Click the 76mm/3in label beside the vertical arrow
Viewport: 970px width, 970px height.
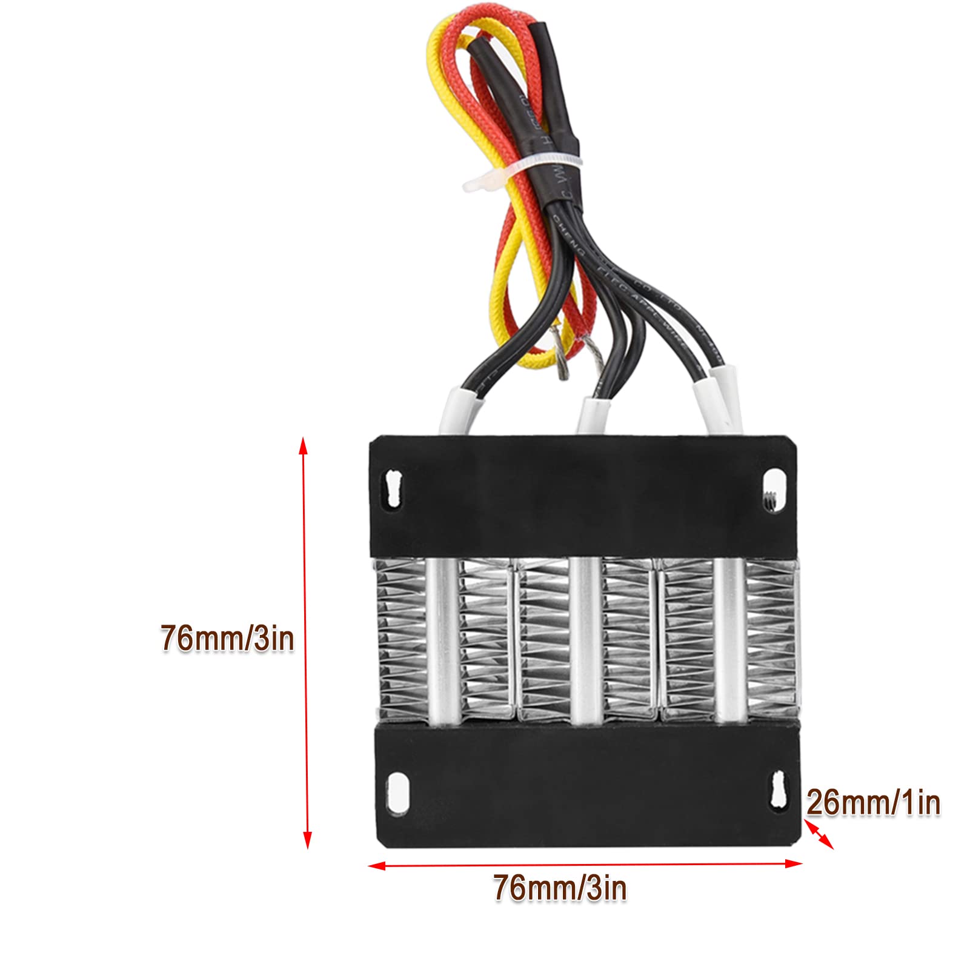pyautogui.click(x=227, y=639)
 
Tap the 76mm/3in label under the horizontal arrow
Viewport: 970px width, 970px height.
pyautogui.click(x=559, y=888)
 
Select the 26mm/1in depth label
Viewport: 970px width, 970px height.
pyautogui.click(x=873, y=803)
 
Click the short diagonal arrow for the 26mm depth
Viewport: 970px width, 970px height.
pyautogui.click(x=819, y=835)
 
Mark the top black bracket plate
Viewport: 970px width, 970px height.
pyautogui.click(x=582, y=497)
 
